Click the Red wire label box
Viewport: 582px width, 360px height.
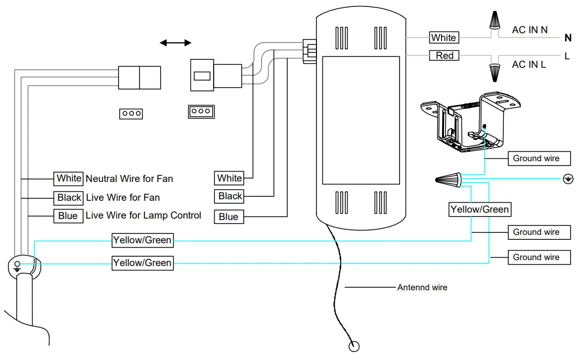point(444,55)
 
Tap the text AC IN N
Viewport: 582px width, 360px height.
point(530,30)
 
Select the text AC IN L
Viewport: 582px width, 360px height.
point(529,64)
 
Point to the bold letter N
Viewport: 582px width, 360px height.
point(568,38)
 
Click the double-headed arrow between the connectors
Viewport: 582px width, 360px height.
point(176,43)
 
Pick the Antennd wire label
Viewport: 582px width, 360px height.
point(422,287)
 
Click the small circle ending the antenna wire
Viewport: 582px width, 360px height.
point(354,346)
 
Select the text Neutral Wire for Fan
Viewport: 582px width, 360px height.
point(130,179)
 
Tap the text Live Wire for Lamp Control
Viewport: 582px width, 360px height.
point(143,216)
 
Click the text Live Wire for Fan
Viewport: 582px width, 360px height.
point(123,197)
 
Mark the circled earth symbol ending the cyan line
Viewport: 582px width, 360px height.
point(568,179)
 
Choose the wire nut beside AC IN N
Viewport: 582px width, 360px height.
point(493,21)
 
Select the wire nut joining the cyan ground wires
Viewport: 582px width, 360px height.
point(448,179)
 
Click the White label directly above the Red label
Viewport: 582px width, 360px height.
point(444,38)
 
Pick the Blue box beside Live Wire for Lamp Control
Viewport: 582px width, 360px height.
point(68,216)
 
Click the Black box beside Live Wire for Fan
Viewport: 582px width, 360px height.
point(69,197)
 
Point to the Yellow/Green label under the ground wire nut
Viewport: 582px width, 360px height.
point(479,209)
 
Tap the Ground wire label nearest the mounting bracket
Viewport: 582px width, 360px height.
point(538,159)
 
